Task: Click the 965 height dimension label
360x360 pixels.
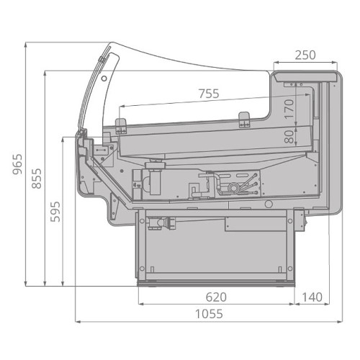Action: click(17, 164)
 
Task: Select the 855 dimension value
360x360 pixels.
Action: click(37, 179)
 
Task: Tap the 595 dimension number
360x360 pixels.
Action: click(55, 212)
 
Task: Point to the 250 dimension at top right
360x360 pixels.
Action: click(305, 55)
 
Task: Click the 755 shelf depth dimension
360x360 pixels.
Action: click(209, 94)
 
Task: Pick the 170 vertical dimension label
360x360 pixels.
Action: click(289, 109)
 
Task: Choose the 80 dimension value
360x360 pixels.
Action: click(289, 137)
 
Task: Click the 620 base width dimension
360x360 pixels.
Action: click(216, 297)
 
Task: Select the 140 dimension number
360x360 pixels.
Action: click(312, 297)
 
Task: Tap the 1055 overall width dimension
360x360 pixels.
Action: click(209, 314)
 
